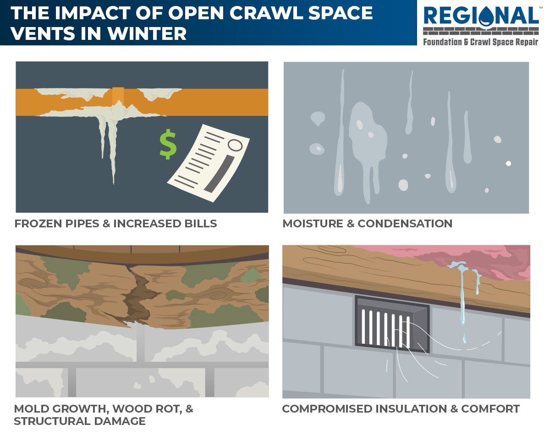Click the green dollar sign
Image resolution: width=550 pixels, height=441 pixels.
168,143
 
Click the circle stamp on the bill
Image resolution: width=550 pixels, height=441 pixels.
235,145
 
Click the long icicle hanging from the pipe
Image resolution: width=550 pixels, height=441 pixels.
111,151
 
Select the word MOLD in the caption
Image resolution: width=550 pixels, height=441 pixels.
31,409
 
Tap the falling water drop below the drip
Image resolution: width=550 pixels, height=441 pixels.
464,338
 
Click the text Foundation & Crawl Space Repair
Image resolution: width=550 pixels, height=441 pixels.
480,42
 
